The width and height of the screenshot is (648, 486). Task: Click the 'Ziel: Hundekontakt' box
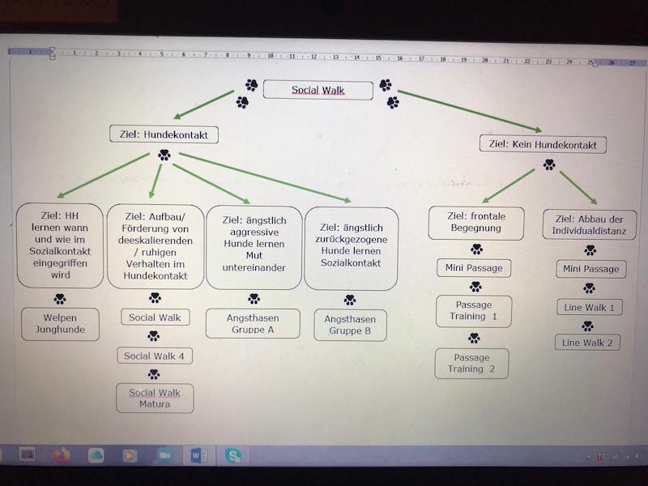pyautogui.click(x=164, y=134)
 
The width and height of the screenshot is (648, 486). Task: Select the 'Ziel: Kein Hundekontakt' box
pyautogui.click(x=543, y=145)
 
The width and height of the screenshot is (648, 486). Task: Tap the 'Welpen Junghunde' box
pyautogui.click(x=60, y=324)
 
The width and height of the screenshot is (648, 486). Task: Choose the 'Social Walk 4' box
pyautogui.click(x=154, y=356)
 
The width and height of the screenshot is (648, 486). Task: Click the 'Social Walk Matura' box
pyautogui.click(x=155, y=398)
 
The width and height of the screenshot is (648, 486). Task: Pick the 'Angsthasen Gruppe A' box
pyautogui.click(x=253, y=324)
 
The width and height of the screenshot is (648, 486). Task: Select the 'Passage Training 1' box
pyautogui.click(x=473, y=311)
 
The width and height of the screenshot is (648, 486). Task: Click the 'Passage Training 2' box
pyautogui.click(x=471, y=363)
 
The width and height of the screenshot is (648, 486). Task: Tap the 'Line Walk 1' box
pyautogui.click(x=589, y=308)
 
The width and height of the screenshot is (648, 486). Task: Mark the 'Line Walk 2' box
pyautogui.click(x=588, y=343)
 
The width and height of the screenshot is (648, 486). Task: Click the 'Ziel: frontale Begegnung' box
pyautogui.click(x=475, y=223)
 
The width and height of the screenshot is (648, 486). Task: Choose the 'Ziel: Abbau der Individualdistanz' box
pyautogui.click(x=590, y=224)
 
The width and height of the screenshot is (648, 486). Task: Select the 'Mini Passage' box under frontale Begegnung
pyautogui.click(x=474, y=268)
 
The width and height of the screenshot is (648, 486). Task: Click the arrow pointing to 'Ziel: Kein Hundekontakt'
pyautogui.click(x=470, y=111)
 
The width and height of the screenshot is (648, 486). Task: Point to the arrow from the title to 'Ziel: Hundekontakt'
pyautogui.click(x=204, y=104)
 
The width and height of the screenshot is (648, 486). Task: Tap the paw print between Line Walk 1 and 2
pyautogui.click(x=588, y=326)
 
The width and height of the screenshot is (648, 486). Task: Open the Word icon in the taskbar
pyautogui.click(x=198, y=455)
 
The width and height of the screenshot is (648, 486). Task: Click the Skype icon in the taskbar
pyautogui.click(x=233, y=455)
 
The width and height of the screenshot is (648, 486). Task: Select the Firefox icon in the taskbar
pyautogui.click(x=62, y=455)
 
